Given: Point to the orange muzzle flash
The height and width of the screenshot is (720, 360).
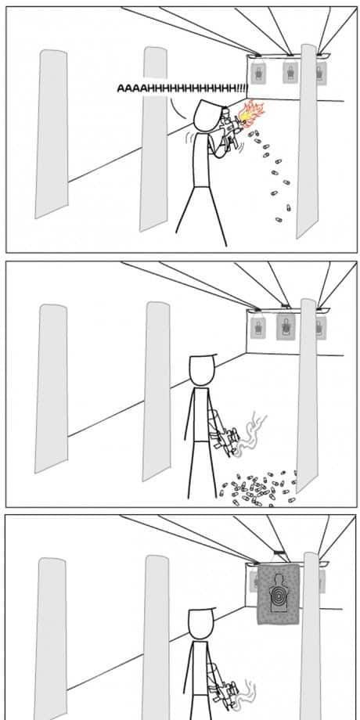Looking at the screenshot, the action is pos(250,113).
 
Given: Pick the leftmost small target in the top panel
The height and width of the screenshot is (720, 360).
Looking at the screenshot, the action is pos(258,73).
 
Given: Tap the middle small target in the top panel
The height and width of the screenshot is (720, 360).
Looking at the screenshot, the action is pos(290,73).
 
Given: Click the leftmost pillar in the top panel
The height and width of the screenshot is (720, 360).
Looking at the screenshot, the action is pos(52,134).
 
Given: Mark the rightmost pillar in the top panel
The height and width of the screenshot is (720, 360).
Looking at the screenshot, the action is pos(308,141).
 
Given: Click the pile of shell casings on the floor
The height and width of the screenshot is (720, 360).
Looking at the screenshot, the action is pos(258,488).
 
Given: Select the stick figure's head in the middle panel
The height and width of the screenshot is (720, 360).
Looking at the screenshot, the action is pos(202,370).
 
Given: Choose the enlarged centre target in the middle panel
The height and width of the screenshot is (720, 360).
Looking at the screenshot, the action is pos(286,326).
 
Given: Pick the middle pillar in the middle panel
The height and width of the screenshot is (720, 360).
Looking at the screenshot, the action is pos(156,391).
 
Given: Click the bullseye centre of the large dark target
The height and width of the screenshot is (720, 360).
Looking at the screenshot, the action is pos(279,596).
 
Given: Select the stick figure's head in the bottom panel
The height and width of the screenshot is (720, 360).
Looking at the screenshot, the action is pos(201,624).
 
